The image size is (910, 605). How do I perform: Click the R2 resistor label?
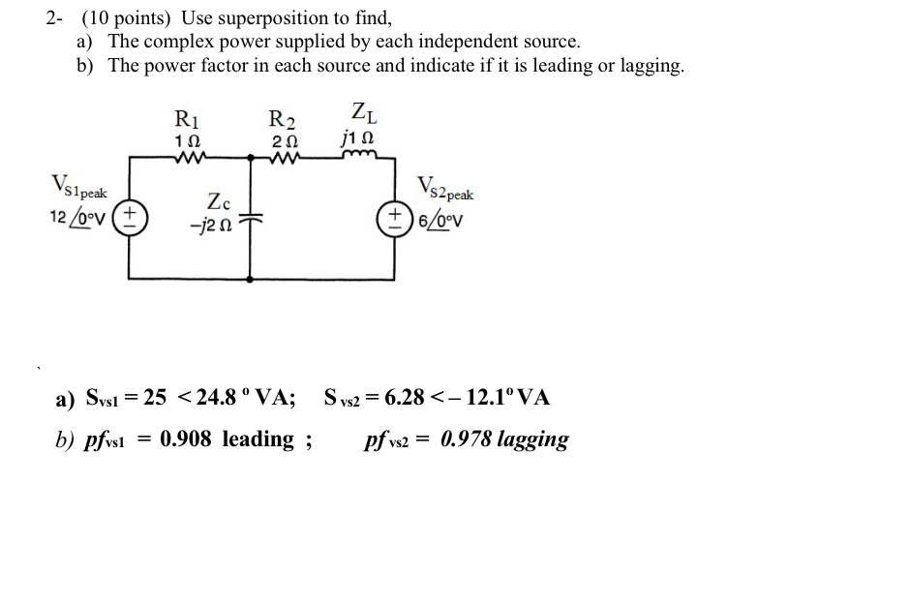tap(281, 120)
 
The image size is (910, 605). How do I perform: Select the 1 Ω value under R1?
tap(186, 141)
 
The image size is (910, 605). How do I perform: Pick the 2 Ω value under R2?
tap(281, 141)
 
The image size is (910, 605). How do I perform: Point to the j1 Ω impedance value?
tap(358, 140)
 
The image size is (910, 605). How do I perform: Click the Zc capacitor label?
tap(220, 202)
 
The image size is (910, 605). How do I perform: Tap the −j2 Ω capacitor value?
tap(219, 225)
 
